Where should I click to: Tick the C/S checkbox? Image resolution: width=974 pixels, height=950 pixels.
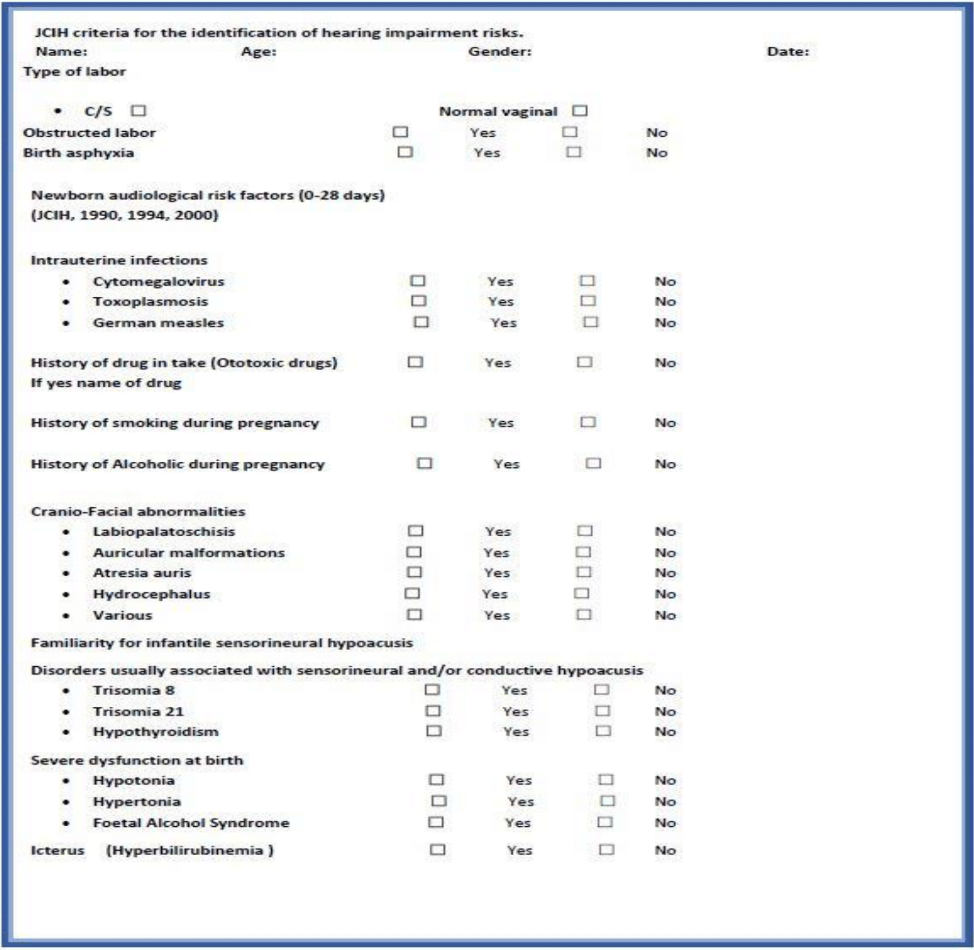pos(138,111)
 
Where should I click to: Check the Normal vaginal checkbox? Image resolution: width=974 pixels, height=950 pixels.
pos(580,111)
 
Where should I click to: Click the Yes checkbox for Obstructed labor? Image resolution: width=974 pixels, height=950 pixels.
pos(400,132)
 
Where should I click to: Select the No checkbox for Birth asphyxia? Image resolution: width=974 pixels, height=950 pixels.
pos(573,152)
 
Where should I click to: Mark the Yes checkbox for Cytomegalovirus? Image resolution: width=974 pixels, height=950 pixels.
pos(418,281)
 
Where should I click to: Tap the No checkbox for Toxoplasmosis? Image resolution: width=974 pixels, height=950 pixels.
pos(588,301)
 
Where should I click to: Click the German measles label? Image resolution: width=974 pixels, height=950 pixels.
pos(158,323)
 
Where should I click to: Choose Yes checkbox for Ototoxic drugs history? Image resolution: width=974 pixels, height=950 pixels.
pos(415,362)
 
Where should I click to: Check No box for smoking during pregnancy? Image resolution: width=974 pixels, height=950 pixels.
pos(588,422)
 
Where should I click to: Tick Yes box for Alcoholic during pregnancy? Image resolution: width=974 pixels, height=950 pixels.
pos(425,463)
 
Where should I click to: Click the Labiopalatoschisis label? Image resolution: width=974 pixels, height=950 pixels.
pos(164,531)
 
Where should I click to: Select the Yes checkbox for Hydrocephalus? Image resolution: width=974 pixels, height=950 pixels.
pos(412,594)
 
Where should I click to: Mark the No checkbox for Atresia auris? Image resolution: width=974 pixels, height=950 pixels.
pos(584,573)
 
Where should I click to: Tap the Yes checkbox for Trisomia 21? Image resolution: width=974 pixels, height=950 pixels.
pos(433,711)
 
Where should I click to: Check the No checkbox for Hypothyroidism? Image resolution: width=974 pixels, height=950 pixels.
pos(603,731)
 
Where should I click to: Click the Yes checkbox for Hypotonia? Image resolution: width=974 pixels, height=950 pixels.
pos(436,780)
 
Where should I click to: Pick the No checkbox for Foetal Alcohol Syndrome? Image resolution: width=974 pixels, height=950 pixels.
pos(605,822)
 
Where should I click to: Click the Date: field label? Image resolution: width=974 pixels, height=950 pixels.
pos(788,52)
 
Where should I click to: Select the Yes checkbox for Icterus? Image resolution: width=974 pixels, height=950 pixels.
pos(437,850)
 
